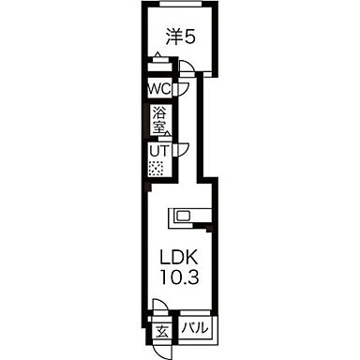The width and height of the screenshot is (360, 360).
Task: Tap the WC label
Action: click(157, 90)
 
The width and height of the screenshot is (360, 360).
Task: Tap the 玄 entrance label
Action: click(160, 331)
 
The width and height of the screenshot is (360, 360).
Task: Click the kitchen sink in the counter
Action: click(182, 216)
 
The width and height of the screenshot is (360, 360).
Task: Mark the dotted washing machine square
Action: click(157, 170)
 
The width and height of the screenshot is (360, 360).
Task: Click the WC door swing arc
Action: click(184, 88)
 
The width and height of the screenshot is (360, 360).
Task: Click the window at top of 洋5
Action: click(180, 5)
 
